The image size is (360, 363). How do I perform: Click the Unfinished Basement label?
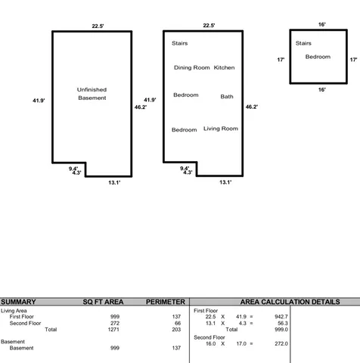pyautogui.click(x=92, y=94)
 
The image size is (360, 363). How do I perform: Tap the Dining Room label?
pyautogui.click(x=191, y=68)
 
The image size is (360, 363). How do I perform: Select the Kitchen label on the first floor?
pyautogui.click(x=224, y=68)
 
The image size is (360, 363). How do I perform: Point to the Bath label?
pyautogui.click(x=227, y=96)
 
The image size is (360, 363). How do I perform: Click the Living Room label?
pyautogui.click(x=220, y=129)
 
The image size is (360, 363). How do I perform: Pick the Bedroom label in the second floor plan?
pyautogui.click(x=318, y=57)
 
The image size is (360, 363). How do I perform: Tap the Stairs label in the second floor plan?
pyautogui.click(x=303, y=43)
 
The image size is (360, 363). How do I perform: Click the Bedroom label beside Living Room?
pyautogui.click(x=184, y=129)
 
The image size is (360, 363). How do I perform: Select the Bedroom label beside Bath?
pyautogui.click(x=185, y=95)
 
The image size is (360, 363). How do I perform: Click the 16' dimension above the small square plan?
pyautogui.click(x=321, y=25)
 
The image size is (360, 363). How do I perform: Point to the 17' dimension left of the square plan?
pyautogui.click(x=280, y=59)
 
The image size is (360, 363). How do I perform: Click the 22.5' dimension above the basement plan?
pyautogui.click(x=98, y=26)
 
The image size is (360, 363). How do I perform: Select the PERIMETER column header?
pyautogui.click(x=165, y=301)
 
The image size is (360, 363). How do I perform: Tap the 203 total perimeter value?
pyautogui.click(x=178, y=330)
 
